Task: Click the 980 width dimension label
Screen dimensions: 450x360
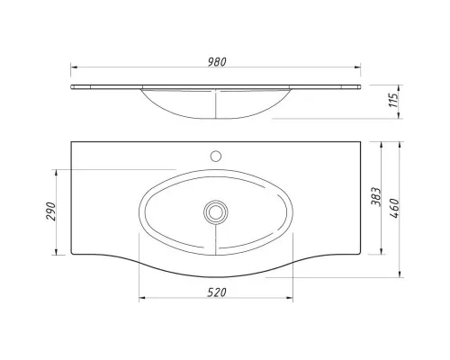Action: (x=217, y=62)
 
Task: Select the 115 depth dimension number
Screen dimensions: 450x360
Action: (x=394, y=100)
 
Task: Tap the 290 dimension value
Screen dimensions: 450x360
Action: (x=51, y=211)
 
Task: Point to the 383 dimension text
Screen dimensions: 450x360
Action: (x=376, y=197)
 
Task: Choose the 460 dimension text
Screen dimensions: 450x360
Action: (x=394, y=208)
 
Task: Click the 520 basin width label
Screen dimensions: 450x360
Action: (x=217, y=292)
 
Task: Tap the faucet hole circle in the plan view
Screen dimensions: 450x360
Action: (x=216, y=156)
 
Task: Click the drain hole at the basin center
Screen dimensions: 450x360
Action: (x=215, y=212)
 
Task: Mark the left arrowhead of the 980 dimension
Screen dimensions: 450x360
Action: (x=74, y=67)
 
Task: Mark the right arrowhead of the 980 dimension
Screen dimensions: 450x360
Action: (x=357, y=67)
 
